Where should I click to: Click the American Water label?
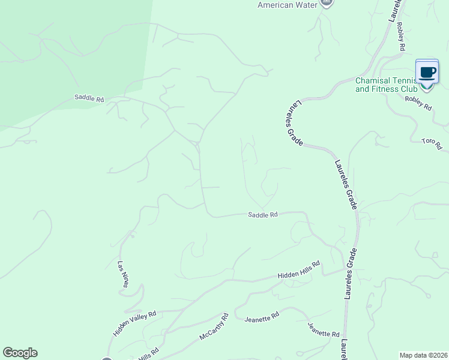click(x=286, y=5)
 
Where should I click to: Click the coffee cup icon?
click(x=427, y=73)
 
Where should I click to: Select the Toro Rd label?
click(x=432, y=144)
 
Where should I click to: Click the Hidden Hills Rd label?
click(x=299, y=269)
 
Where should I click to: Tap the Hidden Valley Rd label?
click(x=134, y=323)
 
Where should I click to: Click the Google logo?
click(x=20, y=353)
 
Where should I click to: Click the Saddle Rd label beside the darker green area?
click(x=89, y=98)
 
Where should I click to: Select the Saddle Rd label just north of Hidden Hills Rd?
click(x=263, y=214)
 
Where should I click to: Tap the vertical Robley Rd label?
click(x=400, y=38)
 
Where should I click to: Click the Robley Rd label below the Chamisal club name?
click(x=418, y=103)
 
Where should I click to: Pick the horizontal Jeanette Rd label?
click(x=262, y=316)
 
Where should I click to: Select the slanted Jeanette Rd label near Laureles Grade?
click(x=323, y=329)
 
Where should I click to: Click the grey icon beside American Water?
click(x=326, y=2)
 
